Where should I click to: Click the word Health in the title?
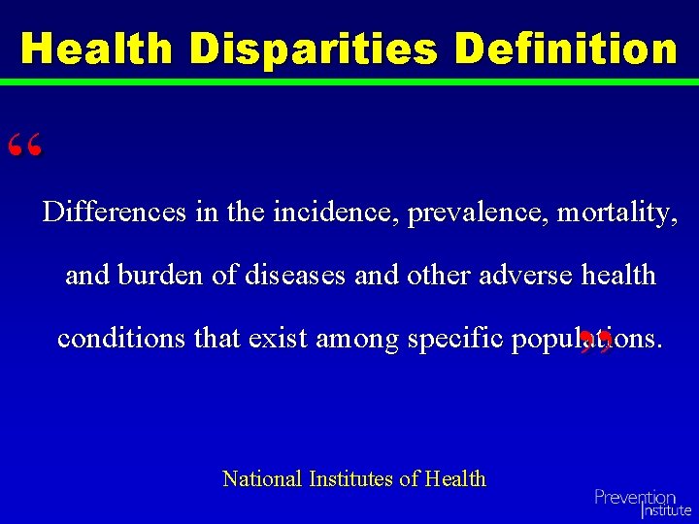(97, 48)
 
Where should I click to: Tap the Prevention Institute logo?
(642, 503)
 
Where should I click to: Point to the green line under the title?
(349, 82)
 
